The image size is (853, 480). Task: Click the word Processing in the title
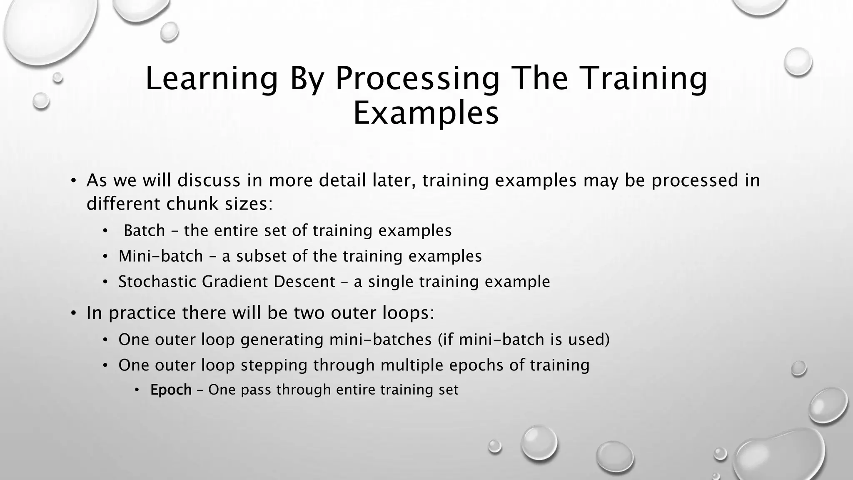point(417,79)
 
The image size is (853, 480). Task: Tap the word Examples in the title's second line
point(426,113)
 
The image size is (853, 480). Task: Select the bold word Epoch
point(171,390)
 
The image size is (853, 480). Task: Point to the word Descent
point(304,282)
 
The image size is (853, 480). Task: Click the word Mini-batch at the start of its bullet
point(160,256)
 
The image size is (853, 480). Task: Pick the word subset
point(262,256)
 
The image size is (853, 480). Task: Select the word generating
point(282,340)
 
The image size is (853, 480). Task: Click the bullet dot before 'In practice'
point(73,313)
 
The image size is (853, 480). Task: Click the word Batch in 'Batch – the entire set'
point(144,230)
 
